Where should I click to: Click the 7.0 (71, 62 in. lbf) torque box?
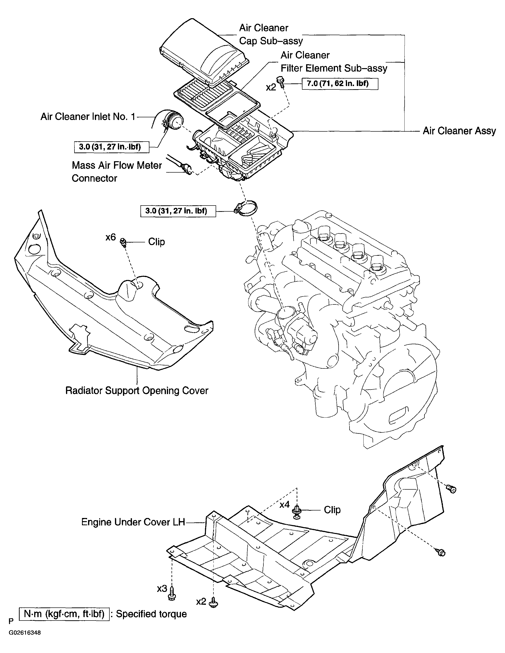[340, 83]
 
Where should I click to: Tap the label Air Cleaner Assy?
[459, 131]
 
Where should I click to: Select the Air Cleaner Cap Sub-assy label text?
[270, 34]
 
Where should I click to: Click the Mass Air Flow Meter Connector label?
[116, 172]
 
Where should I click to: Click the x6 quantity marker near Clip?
[110, 237]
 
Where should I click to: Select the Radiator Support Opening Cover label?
[137, 390]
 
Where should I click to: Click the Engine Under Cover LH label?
[133, 522]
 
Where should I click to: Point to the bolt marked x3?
[172, 593]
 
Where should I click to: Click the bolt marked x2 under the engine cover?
[214, 602]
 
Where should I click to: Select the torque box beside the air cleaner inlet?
[111, 147]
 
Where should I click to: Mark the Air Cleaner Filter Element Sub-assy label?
[333, 62]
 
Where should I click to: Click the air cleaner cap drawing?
[204, 52]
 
